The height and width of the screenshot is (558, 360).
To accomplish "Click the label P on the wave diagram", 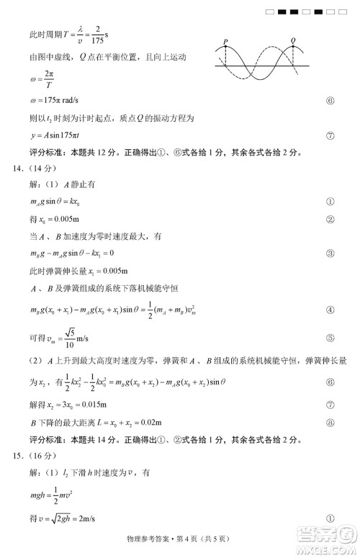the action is (226, 41).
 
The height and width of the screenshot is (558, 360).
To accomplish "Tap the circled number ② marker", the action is (330, 219).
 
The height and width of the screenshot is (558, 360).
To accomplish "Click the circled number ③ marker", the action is (330, 253).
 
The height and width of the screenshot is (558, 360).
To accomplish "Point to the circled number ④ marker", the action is (330, 310).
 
